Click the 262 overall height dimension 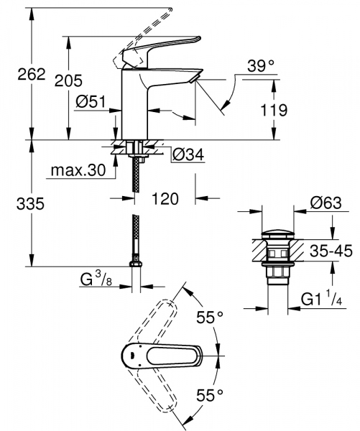click(17, 74)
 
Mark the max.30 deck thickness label click(78, 171)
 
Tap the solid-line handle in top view click(158, 354)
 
